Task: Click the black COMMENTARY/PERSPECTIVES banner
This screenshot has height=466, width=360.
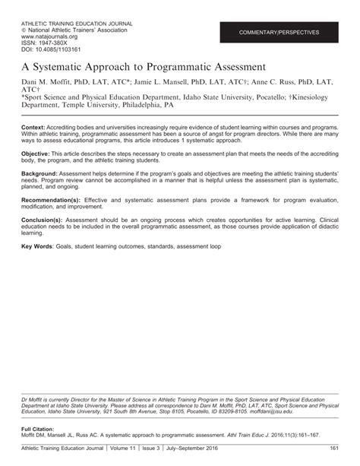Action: coord(279,33)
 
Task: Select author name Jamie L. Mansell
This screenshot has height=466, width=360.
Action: coord(174,81)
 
